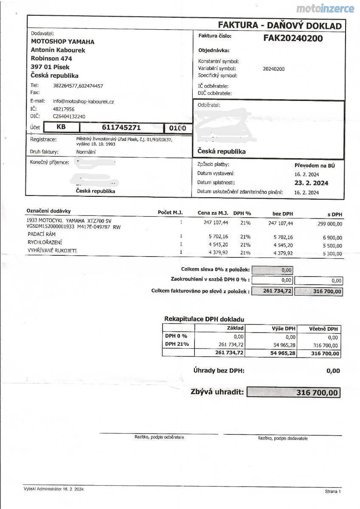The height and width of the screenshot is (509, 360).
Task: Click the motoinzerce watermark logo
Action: (x=325, y=8)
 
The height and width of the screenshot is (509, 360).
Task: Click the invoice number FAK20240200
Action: (x=293, y=39)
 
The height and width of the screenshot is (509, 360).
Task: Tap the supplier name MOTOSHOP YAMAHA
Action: (x=63, y=42)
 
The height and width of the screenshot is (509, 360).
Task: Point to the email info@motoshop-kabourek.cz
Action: (x=83, y=101)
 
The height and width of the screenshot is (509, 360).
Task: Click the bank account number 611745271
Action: (x=121, y=127)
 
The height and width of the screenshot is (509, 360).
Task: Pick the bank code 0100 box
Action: (x=177, y=128)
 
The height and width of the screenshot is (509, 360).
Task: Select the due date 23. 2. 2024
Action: (x=312, y=183)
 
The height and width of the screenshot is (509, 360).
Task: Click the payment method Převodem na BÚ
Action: (x=315, y=165)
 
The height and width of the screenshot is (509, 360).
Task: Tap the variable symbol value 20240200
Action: (x=274, y=69)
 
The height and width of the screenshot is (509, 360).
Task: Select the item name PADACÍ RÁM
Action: (x=42, y=235)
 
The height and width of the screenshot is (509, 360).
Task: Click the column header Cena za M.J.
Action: (x=213, y=213)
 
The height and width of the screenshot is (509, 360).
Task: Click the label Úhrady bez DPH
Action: (x=219, y=371)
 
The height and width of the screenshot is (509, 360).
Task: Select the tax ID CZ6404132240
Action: (x=69, y=116)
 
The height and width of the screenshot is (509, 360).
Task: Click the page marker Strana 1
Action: (x=333, y=491)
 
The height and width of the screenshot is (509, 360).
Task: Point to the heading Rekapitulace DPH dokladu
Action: (x=204, y=319)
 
